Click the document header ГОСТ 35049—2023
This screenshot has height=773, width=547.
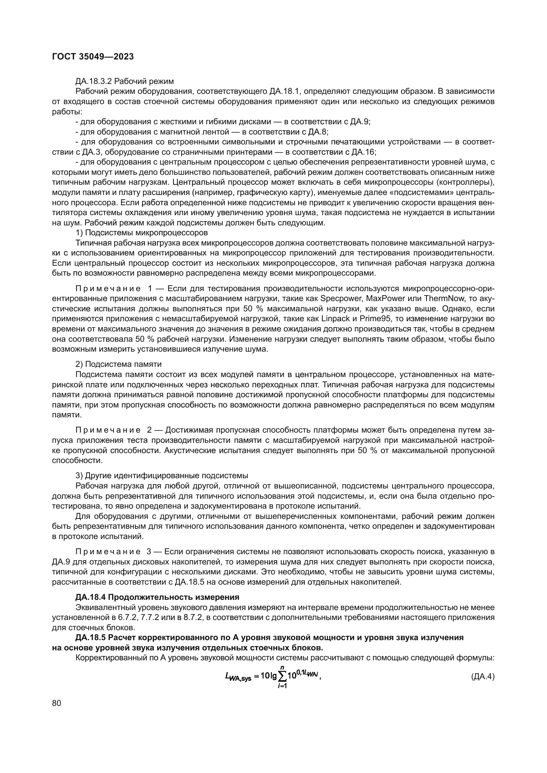93,57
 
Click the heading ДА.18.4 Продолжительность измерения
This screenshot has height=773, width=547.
157,597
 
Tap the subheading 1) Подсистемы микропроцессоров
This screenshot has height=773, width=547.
142,232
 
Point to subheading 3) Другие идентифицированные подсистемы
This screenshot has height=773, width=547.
162,475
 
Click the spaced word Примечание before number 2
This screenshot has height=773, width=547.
108,430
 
